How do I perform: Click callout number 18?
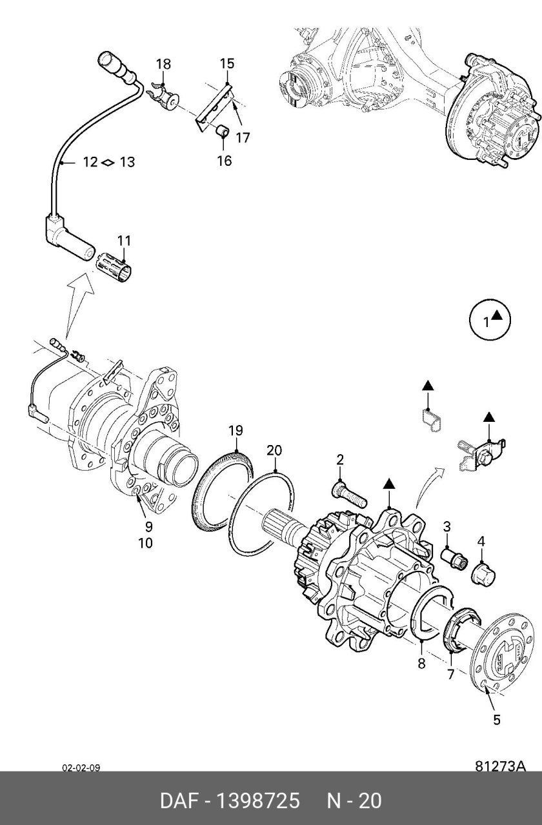click(164, 64)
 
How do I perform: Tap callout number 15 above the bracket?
click(227, 63)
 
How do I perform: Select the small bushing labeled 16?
click(222, 131)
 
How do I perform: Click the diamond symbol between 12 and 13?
click(108, 162)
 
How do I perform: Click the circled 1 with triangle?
click(490, 320)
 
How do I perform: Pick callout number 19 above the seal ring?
click(236, 430)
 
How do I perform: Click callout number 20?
click(274, 450)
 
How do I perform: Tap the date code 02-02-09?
click(81, 768)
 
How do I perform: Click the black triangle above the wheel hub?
click(388, 484)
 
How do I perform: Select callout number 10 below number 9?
click(145, 543)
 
